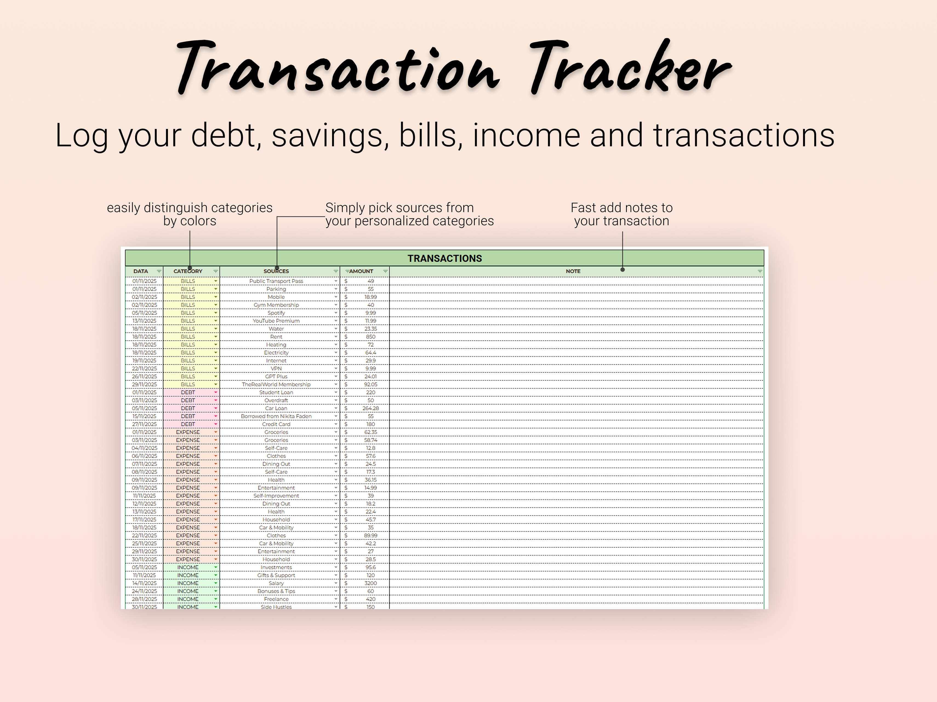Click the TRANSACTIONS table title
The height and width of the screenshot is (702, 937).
[x=444, y=258]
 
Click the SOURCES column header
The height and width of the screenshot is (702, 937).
[x=276, y=271]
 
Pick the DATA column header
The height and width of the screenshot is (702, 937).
[x=141, y=271]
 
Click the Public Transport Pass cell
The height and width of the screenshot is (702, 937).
[x=276, y=281]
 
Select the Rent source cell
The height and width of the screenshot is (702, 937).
[x=276, y=337]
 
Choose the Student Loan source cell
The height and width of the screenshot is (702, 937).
[x=276, y=392]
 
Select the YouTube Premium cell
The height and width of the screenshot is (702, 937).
[x=276, y=321]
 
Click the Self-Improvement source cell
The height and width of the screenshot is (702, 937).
[x=276, y=496]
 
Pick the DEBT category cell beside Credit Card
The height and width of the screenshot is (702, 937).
[x=188, y=424]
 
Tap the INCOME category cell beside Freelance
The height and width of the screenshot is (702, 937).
[x=188, y=599]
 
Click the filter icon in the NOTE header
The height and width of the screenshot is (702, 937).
[x=759, y=271]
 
